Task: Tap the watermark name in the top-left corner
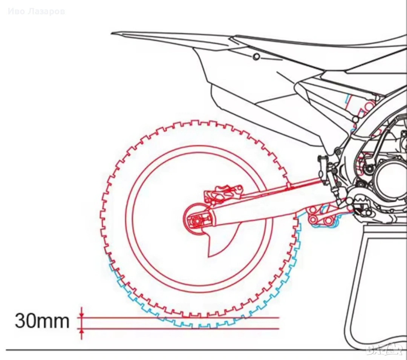click(36, 11)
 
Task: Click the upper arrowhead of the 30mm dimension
click(81, 314)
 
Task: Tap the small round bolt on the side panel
click(257, 57)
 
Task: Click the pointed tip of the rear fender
click(115, 34)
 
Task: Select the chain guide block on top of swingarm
click(288, 185)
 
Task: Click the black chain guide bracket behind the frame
click(324, 170)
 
